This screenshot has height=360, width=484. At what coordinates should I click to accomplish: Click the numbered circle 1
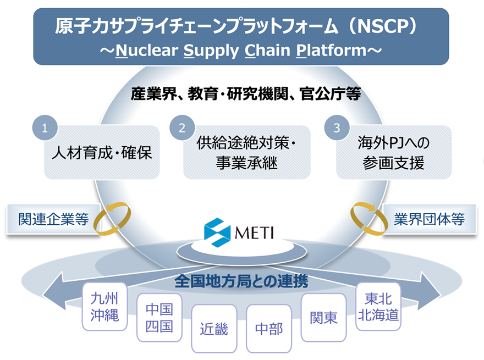pyautogui.click(x=45, y=127)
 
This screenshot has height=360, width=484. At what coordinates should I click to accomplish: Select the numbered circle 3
pyautogui.click(x=336, y=128)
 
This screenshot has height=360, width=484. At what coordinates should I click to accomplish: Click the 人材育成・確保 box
pyautogui.click(x=101, y=152)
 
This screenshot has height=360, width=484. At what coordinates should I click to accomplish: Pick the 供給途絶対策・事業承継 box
pyautogui.click(x=247, y=152)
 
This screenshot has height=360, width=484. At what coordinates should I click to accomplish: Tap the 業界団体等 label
pyautogui.click(x=430, y=219)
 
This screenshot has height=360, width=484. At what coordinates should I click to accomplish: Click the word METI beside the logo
pyautogui.click(x=255, y=231)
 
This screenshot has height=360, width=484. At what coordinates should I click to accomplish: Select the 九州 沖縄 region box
pyautogui.click(x=105, y=307)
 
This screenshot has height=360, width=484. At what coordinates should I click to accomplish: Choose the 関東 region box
pyautogui.click(x=324, y=317)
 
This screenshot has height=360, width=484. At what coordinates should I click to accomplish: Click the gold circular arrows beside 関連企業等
pyautogui.click(x=112, y=219)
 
